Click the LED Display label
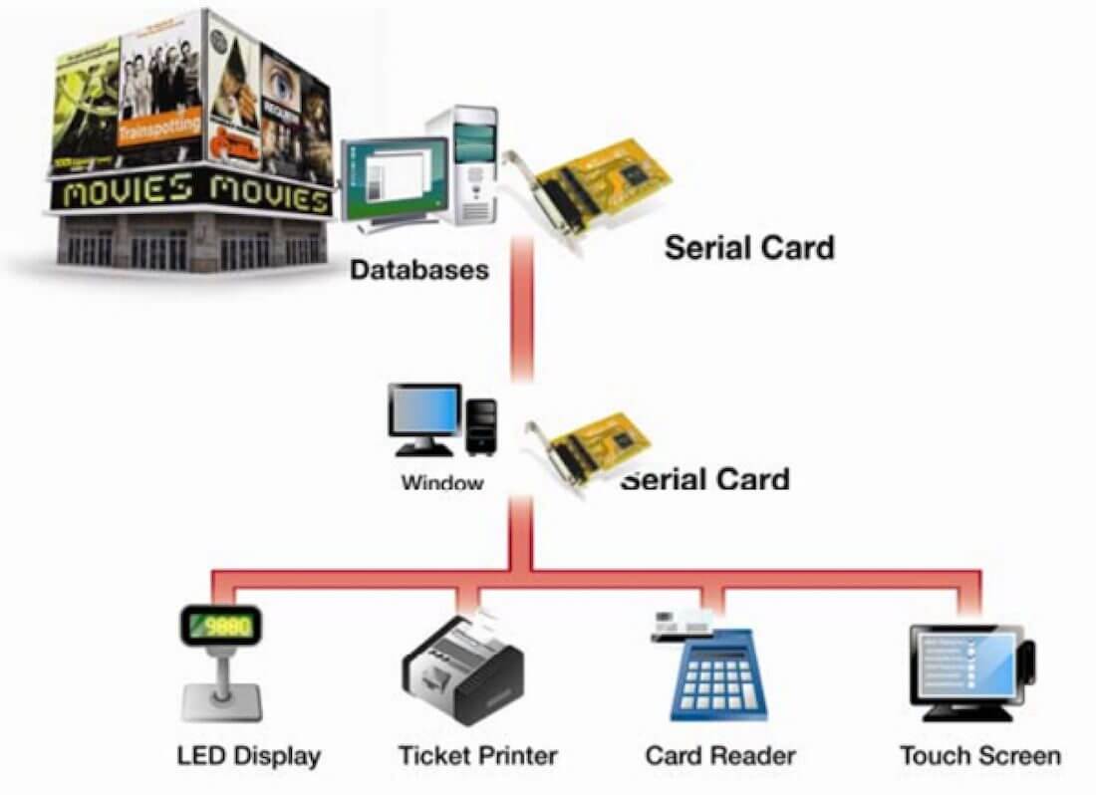click(x=248, y=755)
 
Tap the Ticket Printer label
click(x=477, y=755)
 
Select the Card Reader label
click(x=720, y=755)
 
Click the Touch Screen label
click(x=979, y=755)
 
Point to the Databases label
click(x=419, y=270)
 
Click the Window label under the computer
click(x=441, y=483)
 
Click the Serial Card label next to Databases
click(x=748, y=246)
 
